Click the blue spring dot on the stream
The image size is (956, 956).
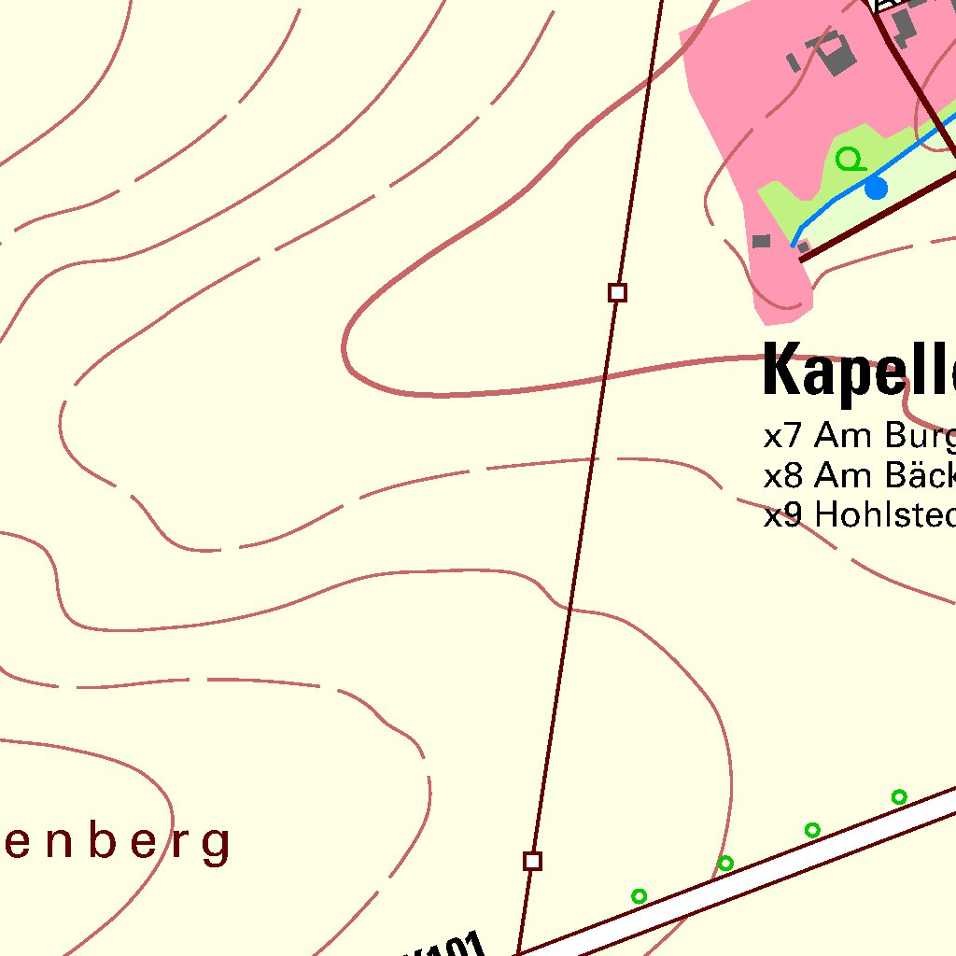click(x=876, y=189)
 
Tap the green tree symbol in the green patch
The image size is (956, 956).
click(x=850, y=160)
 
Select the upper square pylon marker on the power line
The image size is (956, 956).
click(x=617, y=293)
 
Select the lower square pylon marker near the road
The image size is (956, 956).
click(x=532, y=861)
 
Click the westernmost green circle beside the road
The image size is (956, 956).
click(x=639, y=896)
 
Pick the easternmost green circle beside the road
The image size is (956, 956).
click(x=899, y=797)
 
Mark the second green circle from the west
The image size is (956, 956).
click(x=725, y=864)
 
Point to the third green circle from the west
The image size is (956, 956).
click(x=812, y=830)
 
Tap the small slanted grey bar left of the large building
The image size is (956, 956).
click(x=794, y=63)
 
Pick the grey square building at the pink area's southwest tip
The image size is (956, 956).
click(x=762, y=241)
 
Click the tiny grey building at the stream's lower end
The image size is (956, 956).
click(x=803, y=246)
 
